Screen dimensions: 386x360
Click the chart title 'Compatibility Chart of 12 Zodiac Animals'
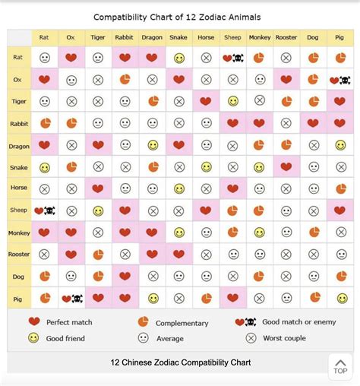179,16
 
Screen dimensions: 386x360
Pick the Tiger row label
20,101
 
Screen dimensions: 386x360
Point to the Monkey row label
20,233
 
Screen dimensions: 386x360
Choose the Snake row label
20,167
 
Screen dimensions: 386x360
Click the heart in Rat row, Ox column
71,58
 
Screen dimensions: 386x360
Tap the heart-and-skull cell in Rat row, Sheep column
232,58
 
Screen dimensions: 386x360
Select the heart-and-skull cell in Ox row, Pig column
339,80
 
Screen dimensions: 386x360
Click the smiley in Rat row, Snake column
179,58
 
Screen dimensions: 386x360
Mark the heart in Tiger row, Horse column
206,101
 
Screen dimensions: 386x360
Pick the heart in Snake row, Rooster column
286,167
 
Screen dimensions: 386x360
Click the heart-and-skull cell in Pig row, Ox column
71,299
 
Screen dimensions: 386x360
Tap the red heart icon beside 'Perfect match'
33,322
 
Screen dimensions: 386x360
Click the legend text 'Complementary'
182,323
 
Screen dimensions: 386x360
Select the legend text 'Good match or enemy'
298,322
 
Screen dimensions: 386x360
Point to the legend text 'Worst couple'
285,338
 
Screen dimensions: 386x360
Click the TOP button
340,366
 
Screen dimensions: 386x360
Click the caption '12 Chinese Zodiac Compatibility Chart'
179,362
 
